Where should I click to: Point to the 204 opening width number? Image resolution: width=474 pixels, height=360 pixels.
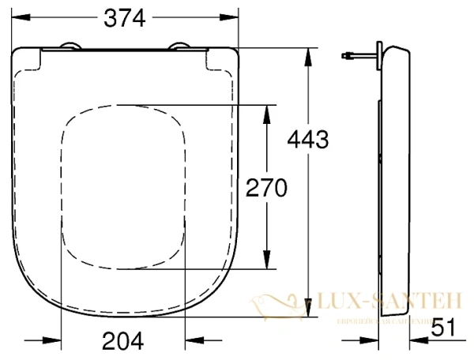(x=123, y=340)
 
